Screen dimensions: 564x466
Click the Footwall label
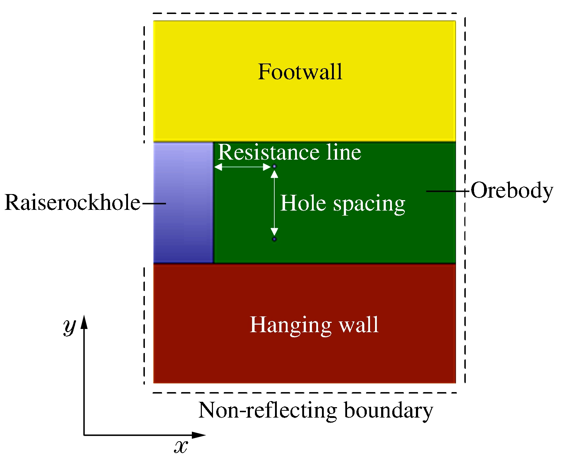300,72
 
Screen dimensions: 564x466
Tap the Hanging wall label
314,325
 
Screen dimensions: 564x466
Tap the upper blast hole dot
274,166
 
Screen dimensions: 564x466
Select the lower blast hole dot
274,239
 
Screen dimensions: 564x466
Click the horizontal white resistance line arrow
242,167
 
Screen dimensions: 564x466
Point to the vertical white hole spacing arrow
274,203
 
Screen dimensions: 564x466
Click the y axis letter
70,326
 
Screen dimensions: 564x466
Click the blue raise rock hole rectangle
184,202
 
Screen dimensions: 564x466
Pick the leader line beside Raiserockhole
154,203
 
